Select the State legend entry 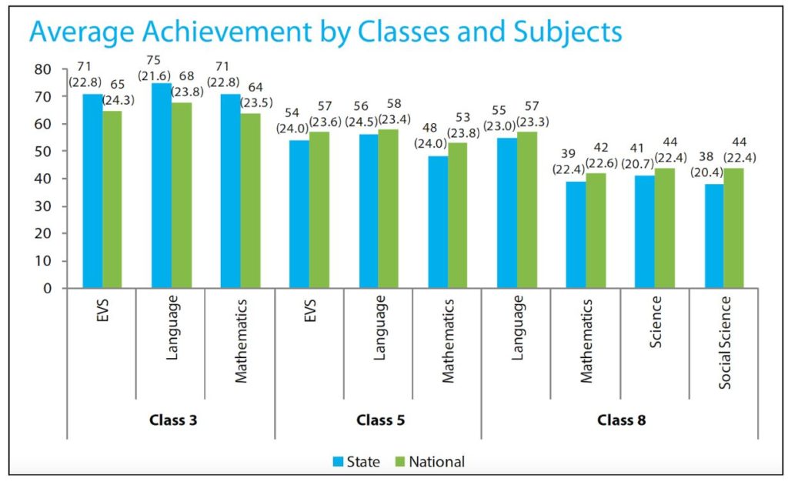pyautogui.click(x=356, y=462)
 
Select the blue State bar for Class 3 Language pyautogui.click(x=162, y=186)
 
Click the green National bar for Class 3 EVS pyautogui.click(x=112, y=199)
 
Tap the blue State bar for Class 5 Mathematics pyautogui.click(x=438, y=223)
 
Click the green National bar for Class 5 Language pyautogui.click(x=388, y=209)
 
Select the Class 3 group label pyautogui.click(x=171, y=420)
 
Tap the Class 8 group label pyautogui.click(x=621, y=420)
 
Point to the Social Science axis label pyautogui.click(x=725, y=343)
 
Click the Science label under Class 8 pyautogui.click(x=656, y=323)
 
